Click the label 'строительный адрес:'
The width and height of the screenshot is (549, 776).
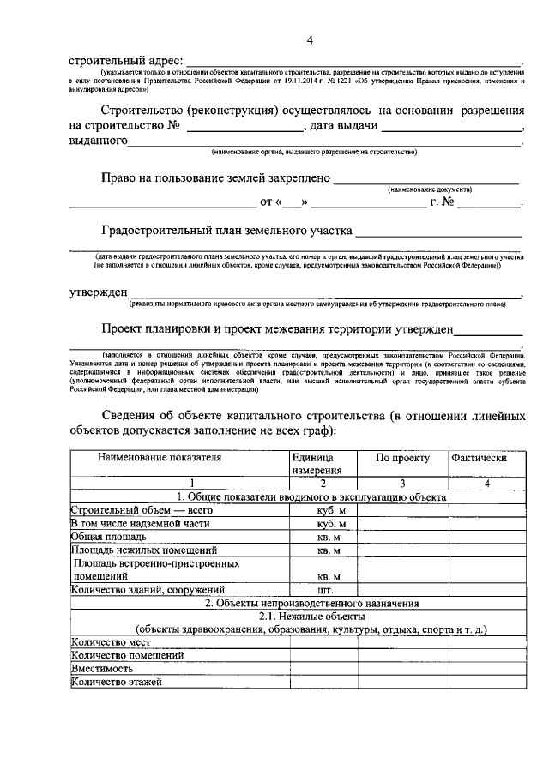coord(126,61)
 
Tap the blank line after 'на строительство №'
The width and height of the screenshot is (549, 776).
coord(244,128)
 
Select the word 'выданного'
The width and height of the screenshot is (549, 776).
coord(98,141)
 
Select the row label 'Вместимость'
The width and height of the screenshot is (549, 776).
coord(102,669)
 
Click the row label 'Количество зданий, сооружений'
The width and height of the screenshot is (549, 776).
coord(148,591)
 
